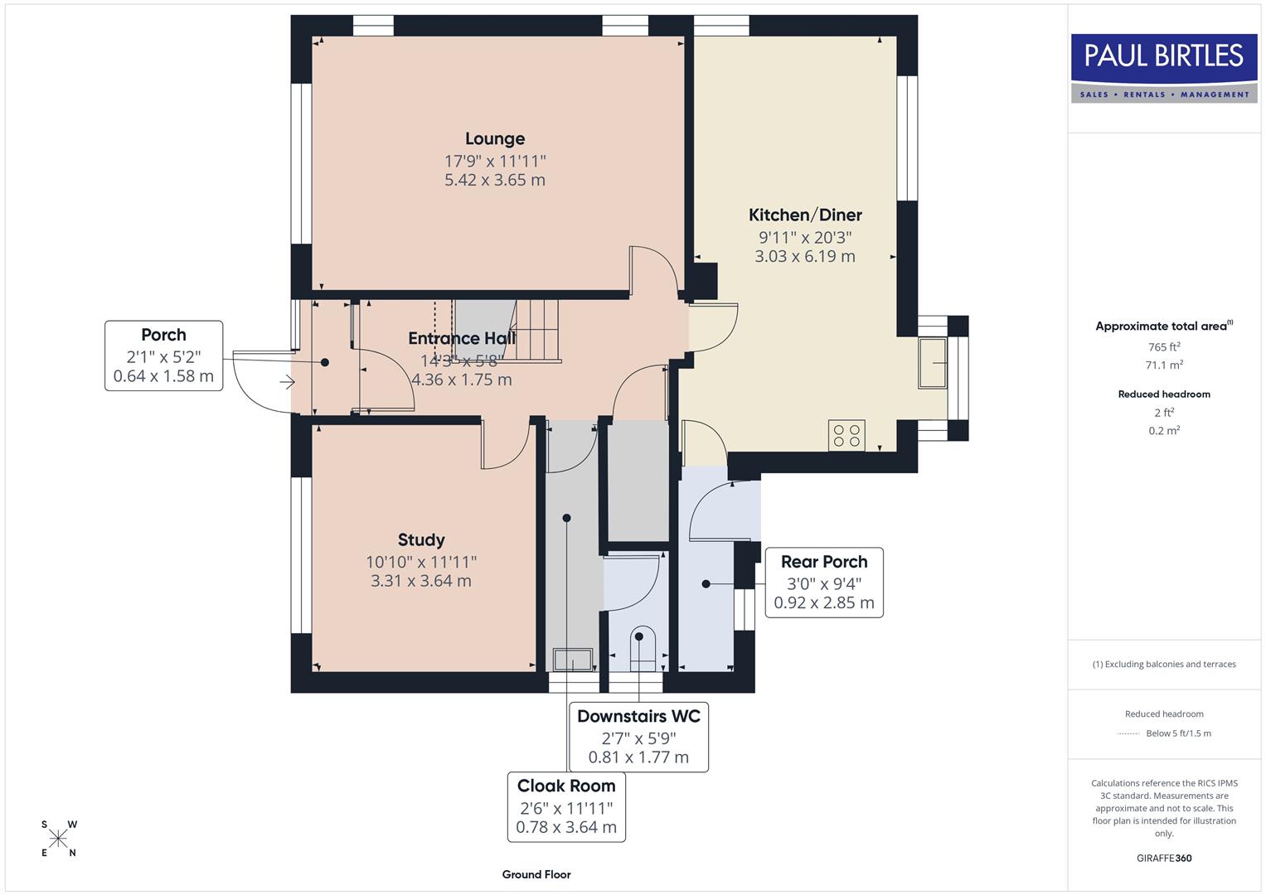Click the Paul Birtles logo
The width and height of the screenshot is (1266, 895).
[x=1163, y=67]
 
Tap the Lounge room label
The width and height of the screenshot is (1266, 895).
[x=495, y=139]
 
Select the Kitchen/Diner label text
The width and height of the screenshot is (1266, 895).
[x=805, y=215]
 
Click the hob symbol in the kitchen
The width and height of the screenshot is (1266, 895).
[x=846, y=436]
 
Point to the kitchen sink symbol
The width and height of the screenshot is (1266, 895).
[x=933, y=363]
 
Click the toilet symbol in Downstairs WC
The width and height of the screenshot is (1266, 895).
[x=643, y=650]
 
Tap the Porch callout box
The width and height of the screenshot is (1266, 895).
[x=164, y=356]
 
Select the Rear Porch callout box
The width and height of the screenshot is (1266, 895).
[x=823, y=583]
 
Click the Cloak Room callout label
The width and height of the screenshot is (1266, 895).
[x=566, y=805]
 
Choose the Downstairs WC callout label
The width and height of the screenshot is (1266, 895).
[x=638, y=736]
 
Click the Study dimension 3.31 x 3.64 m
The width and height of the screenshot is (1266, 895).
[x=421, y=581]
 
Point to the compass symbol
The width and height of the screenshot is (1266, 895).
[x=58, y=839]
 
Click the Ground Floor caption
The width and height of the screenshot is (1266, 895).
[x=536, y=874]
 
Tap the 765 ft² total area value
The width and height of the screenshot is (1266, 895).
[x=1164, y=347]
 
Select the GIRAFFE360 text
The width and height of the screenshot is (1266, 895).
[x=1164, y=858]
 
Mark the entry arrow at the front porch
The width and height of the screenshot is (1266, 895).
[x=287, y=382]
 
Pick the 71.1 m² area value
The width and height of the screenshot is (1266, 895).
[x=1164, y=365]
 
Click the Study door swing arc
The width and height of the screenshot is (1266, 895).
[x=506, y=447]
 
